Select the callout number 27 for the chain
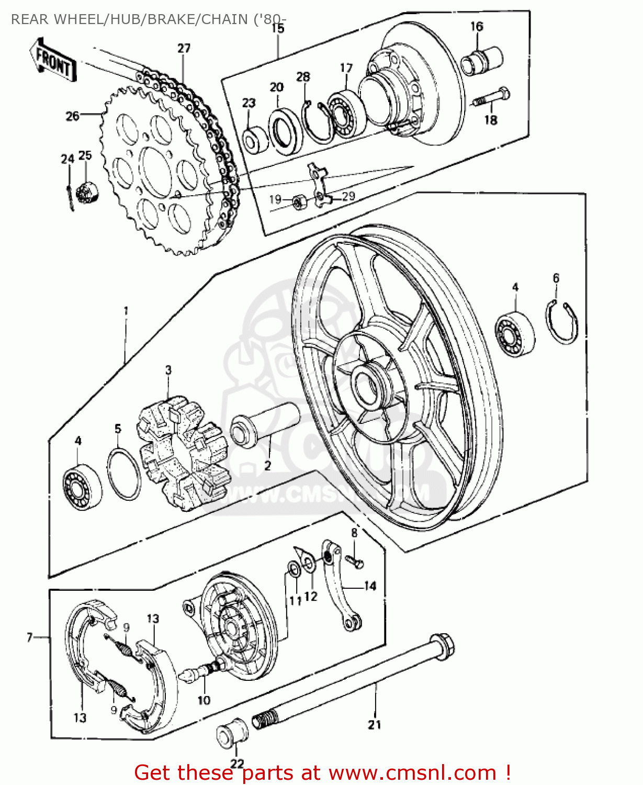point(184,48)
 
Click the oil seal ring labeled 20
point(285,132)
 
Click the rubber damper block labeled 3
point(182,453)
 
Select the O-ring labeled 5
point(124,474)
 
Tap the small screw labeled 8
point(356,562)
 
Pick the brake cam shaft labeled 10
point(201,670)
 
